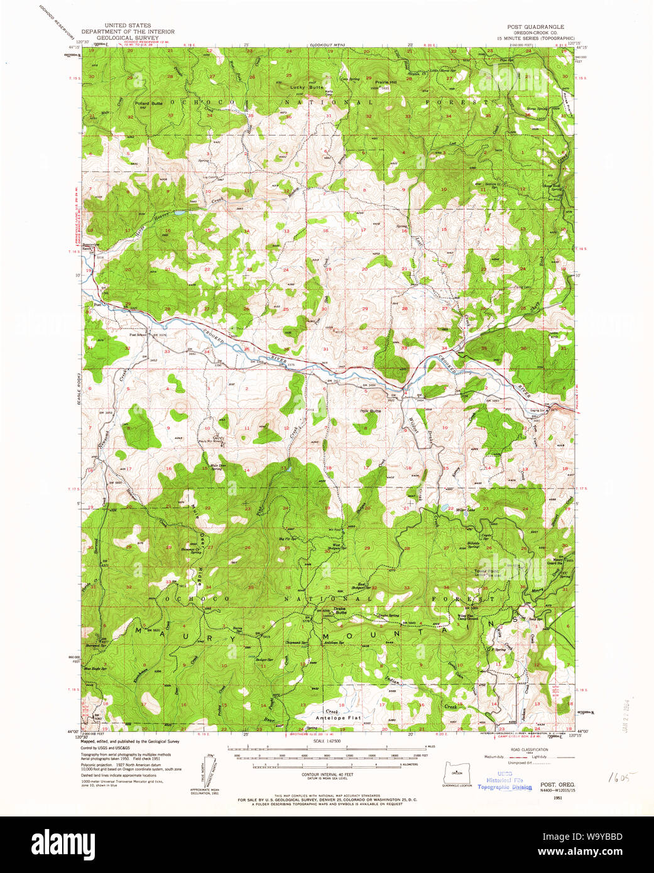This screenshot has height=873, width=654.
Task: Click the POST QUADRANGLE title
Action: [535, 27]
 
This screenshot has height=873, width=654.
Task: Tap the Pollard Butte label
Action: [148, 103]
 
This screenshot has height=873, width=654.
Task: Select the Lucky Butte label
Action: [307, 87]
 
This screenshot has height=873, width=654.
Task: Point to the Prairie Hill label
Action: [386, 82]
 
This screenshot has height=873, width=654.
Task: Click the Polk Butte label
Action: [370, 411]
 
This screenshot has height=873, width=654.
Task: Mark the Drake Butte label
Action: [340, 609]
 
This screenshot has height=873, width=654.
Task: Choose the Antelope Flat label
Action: [338, 717]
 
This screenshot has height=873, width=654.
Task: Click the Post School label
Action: [138, 335]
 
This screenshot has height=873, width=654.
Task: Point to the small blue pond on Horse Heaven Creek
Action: [180, 214]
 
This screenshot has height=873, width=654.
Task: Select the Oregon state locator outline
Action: [457, 772]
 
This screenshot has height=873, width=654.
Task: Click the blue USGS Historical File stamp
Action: [504, 780]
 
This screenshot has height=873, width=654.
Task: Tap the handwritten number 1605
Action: [622, 777]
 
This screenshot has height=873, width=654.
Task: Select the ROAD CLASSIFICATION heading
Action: [529, 749]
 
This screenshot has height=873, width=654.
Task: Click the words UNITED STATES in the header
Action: [128, 26]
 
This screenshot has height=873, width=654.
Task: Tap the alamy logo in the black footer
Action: [63, 844]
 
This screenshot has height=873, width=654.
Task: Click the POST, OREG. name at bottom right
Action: [557, 784]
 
